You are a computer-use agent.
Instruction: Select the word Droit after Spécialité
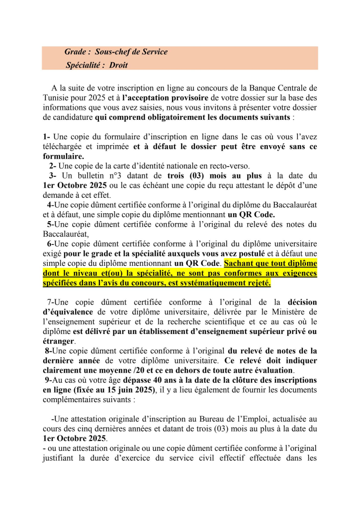pos(118,65)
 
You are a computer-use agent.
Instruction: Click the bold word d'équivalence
pos(68,312)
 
